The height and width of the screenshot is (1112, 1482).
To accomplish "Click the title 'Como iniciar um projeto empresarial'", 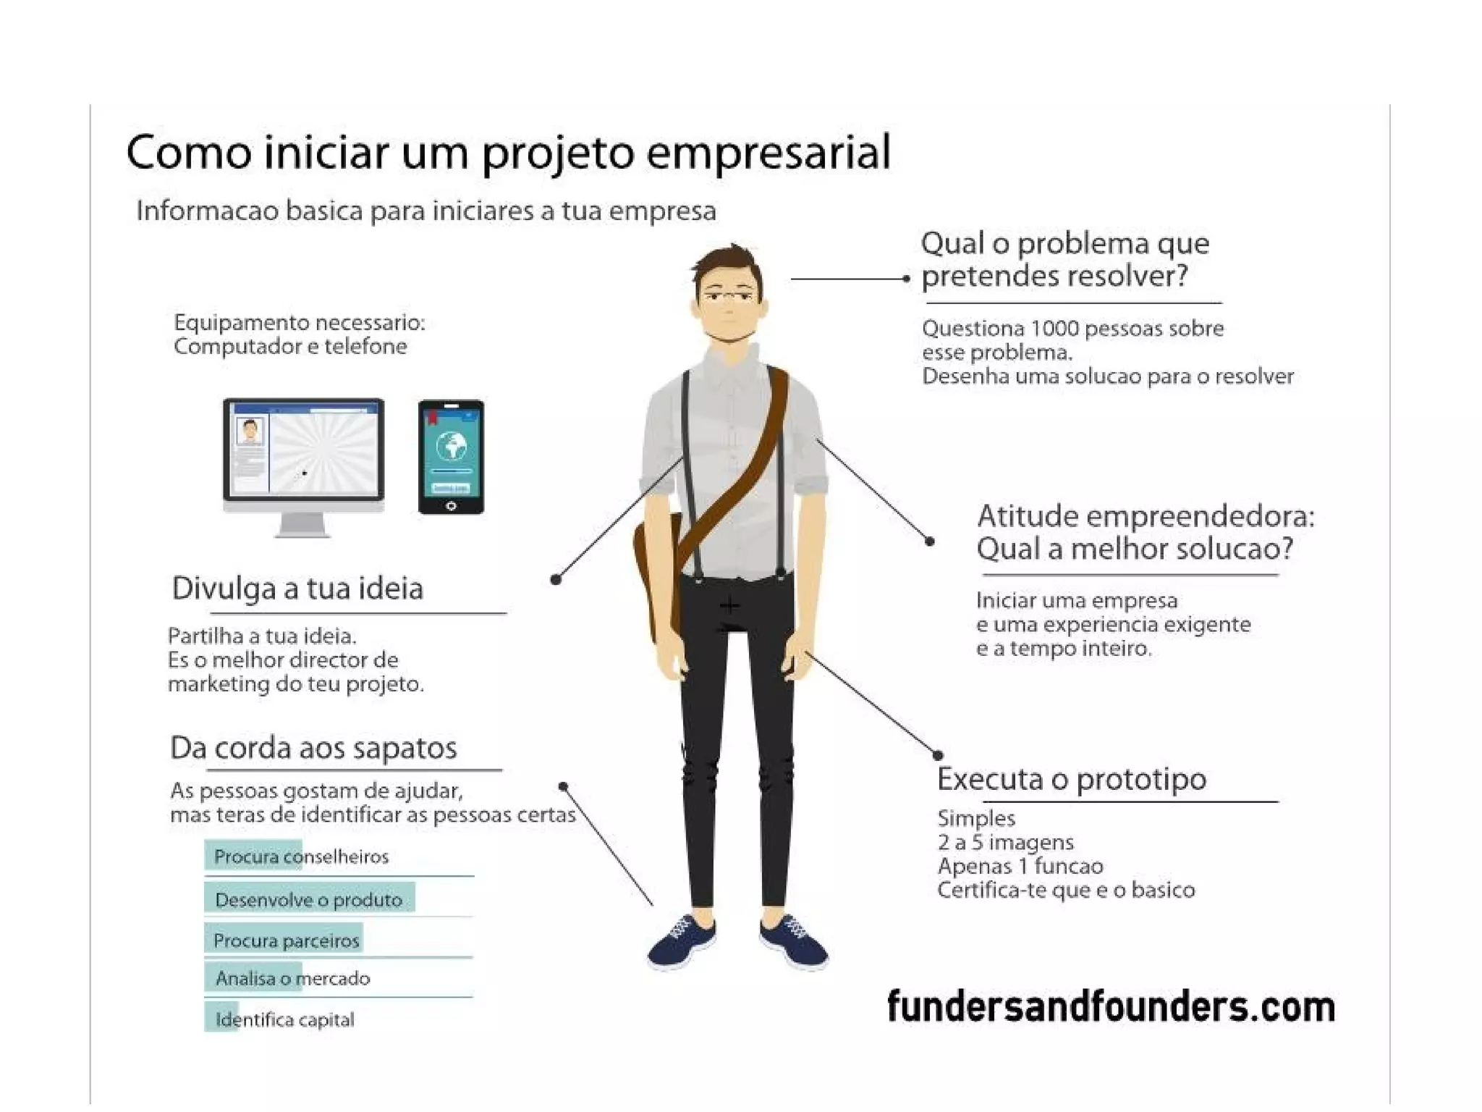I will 508,152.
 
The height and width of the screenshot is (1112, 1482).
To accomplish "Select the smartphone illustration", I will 451,457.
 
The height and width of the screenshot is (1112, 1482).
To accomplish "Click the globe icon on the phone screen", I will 452,446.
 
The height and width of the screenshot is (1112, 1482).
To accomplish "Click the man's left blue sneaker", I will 681,940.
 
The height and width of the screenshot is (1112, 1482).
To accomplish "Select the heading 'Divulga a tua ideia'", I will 297,588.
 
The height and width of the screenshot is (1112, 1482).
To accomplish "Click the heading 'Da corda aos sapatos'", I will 313,748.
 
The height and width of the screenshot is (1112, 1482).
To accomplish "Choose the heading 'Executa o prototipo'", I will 1072,780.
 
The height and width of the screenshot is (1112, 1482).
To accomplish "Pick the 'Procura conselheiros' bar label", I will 301,857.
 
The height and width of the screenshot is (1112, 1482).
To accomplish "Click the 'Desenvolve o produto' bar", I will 309,900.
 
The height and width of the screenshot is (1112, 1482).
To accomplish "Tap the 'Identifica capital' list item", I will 284,1019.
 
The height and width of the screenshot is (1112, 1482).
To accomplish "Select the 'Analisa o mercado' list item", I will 292,979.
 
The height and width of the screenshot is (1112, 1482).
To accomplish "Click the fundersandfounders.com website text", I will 1111,1007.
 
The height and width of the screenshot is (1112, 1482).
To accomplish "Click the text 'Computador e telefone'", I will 290,347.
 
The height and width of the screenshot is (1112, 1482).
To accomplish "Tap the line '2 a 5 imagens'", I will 1005,843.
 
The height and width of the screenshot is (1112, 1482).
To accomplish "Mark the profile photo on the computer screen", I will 251,431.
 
